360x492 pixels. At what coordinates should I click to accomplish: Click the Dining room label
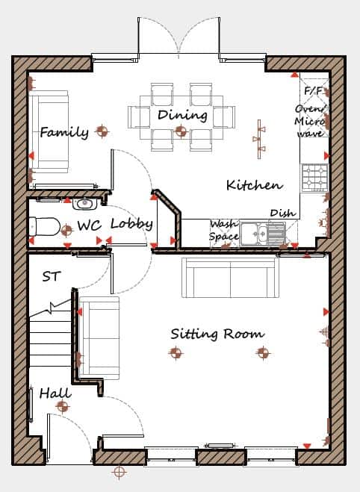pyautogui.click(x=182, y=115)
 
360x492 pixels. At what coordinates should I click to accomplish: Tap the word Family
pyautogui.click(x=64, y=132)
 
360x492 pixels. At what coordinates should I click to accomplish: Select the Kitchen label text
pyautogui.click(x=254, y=185)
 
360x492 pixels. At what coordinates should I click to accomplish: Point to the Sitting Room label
pyautogui.click(x=217, y=334)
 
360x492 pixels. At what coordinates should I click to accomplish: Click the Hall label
pyautogui.click(x=55, y=393)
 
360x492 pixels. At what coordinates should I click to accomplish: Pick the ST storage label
pyautogui.click(x=51, y=276)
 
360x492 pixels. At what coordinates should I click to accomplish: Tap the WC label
pyautogui.click(x=90, y=225)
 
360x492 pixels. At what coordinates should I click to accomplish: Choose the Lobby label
pyautogui.click(x=131, y=224)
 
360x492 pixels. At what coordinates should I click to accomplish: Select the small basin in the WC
pyautogui.click(x=84, y=204)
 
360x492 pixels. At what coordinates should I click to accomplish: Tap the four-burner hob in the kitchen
pyautogui.click(x=315, y=178)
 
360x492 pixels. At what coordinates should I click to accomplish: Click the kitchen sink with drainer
pyautogui.click(x=262, y=234)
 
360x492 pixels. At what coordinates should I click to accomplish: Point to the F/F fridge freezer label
pyautogui.click(x=313, y=90)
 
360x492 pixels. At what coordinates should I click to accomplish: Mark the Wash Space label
pyautogui.click(x=224, y=230)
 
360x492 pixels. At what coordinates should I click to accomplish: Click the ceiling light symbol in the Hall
pyautogui.click(x=63, y=407)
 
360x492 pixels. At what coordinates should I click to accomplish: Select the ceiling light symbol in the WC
pyautogui.click(x=66, y=231)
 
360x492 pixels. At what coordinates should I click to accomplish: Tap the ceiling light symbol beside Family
pyautogui.click(x=102, y=131)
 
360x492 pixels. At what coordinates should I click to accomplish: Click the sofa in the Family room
pyautogui.click(x=49, y=132)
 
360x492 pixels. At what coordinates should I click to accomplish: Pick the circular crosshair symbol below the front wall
pyautogui.click(x=119, y=471)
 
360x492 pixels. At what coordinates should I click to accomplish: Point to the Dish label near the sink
pyautogui.click(x=283, y=213)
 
